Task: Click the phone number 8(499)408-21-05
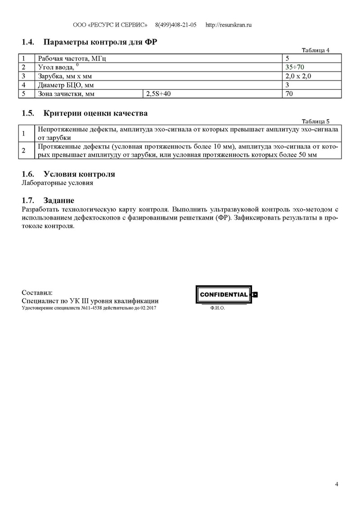click(x=175, y=25)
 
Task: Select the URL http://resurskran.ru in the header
click(x=228, y=25)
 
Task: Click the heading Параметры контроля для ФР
click(x=100, y=43)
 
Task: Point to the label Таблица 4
click(x=315, y=50)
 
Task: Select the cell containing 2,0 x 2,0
click(x=298, y=76)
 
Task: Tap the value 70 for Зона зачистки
click(x=290, y=94)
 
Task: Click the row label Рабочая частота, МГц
click(x=72, y=59)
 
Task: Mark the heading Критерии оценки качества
click(x=95, y=113)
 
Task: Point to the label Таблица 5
click(x=315, y=121)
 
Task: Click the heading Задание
click(x=58, y=200)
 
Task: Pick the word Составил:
click(x=37, y=293)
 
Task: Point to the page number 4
click(x=337, y=484)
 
